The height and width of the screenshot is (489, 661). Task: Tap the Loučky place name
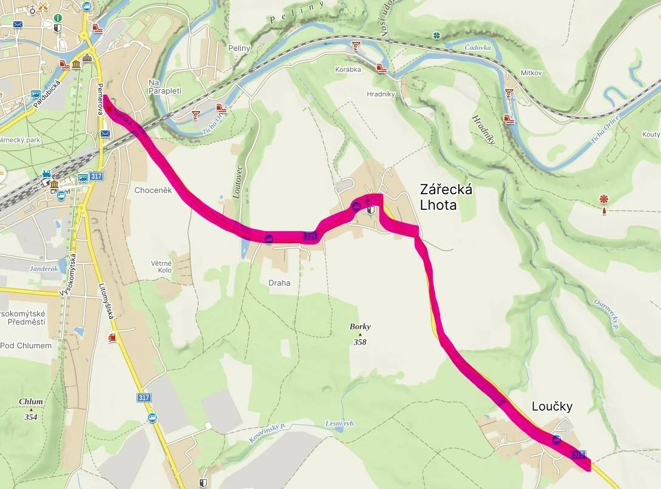(x=552, y=406)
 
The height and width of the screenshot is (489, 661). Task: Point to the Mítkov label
(x=530, y=73)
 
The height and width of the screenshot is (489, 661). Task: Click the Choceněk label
(x=153, y=190)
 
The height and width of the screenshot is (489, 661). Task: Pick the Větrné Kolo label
(x=161, y=266)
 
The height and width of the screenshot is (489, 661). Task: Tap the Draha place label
(x=279, y=283)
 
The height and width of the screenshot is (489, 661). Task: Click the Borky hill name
(x=360, y=326)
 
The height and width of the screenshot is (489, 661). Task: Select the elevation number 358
(x=361, y=342)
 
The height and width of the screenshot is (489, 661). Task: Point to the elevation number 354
(x=30, y=417)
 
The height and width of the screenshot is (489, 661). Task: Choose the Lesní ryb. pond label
(x=340, y=423)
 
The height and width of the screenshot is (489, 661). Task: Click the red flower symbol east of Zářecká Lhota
(x=603, y=199)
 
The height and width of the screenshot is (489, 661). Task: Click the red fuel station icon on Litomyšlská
(x=111, y=337)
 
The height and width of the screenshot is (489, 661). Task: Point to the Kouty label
(x=651, y=134)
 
